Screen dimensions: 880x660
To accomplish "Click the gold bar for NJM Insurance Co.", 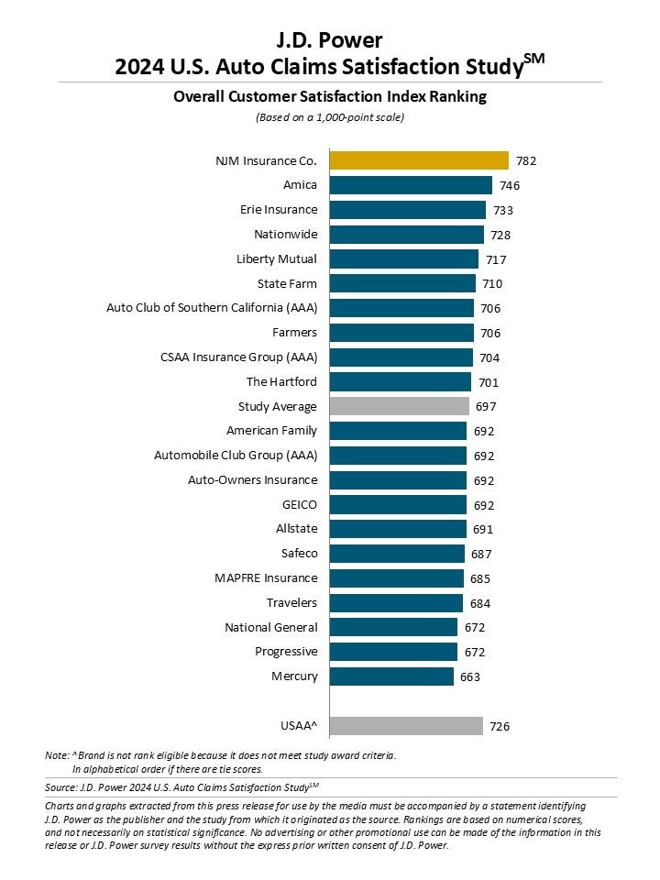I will tap(419, 160).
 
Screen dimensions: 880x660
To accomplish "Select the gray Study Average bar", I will tap(399, 406).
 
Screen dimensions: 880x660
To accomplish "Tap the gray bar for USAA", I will tap(406, 726).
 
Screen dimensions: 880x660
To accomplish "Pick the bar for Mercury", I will tap(391, 676).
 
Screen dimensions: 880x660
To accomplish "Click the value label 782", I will tap(525, 161).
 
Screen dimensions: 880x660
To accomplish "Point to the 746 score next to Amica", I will tap(508, 186).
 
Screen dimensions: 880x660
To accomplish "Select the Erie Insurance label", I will tap(279, 210).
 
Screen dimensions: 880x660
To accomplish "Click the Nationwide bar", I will tap(406, 235).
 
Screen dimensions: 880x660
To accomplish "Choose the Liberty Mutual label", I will tap(277, 259).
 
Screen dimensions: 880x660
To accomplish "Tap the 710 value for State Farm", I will tap(492, 284).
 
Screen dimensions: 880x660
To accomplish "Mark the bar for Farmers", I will tap(401, 333).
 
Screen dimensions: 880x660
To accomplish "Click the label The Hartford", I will tap(281, 382).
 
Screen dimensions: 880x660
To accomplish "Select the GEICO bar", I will tap(398, 504).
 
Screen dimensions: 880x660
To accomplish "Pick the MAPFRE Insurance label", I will tap(267, 578).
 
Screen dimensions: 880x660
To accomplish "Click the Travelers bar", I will tap(396, 602).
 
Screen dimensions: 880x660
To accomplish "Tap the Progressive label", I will tap(286, 652).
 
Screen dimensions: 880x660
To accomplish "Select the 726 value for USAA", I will tap(499, 727).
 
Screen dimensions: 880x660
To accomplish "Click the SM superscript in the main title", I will tap(533, 59).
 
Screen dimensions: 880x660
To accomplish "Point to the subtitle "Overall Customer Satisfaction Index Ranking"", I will tap(330, 97).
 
